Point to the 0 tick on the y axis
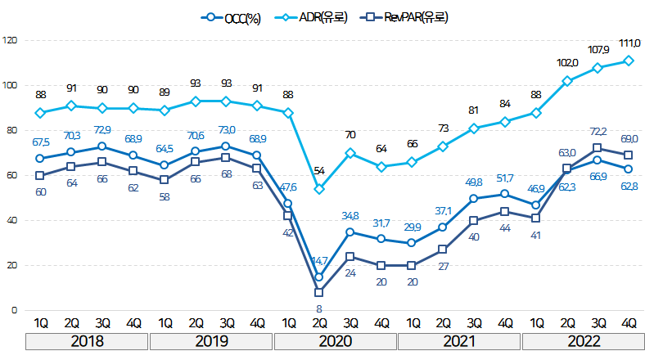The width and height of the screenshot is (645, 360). [13, 311]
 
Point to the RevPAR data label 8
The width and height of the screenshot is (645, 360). [318, 308]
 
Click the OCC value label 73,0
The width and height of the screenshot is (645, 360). [227, 129]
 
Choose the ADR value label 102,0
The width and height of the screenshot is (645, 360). [567, 63]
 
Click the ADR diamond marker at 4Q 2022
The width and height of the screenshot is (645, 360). [629, 61]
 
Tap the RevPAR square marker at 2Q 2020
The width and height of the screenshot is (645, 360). [318, 292]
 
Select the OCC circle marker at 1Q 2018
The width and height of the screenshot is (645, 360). [40, 158]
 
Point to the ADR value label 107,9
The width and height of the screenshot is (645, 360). [598, 50]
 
